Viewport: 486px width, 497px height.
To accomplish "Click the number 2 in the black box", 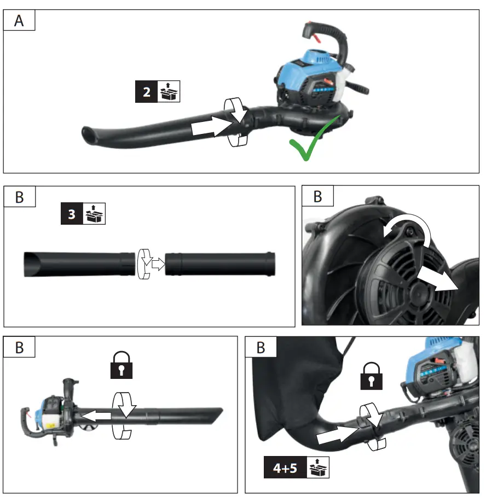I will click(147, 92).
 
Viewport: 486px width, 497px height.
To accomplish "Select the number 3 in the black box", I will click(72, 214).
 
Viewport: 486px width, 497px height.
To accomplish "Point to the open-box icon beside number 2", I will click(168, 92).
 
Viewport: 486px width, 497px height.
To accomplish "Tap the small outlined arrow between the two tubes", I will click(158, 264).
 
